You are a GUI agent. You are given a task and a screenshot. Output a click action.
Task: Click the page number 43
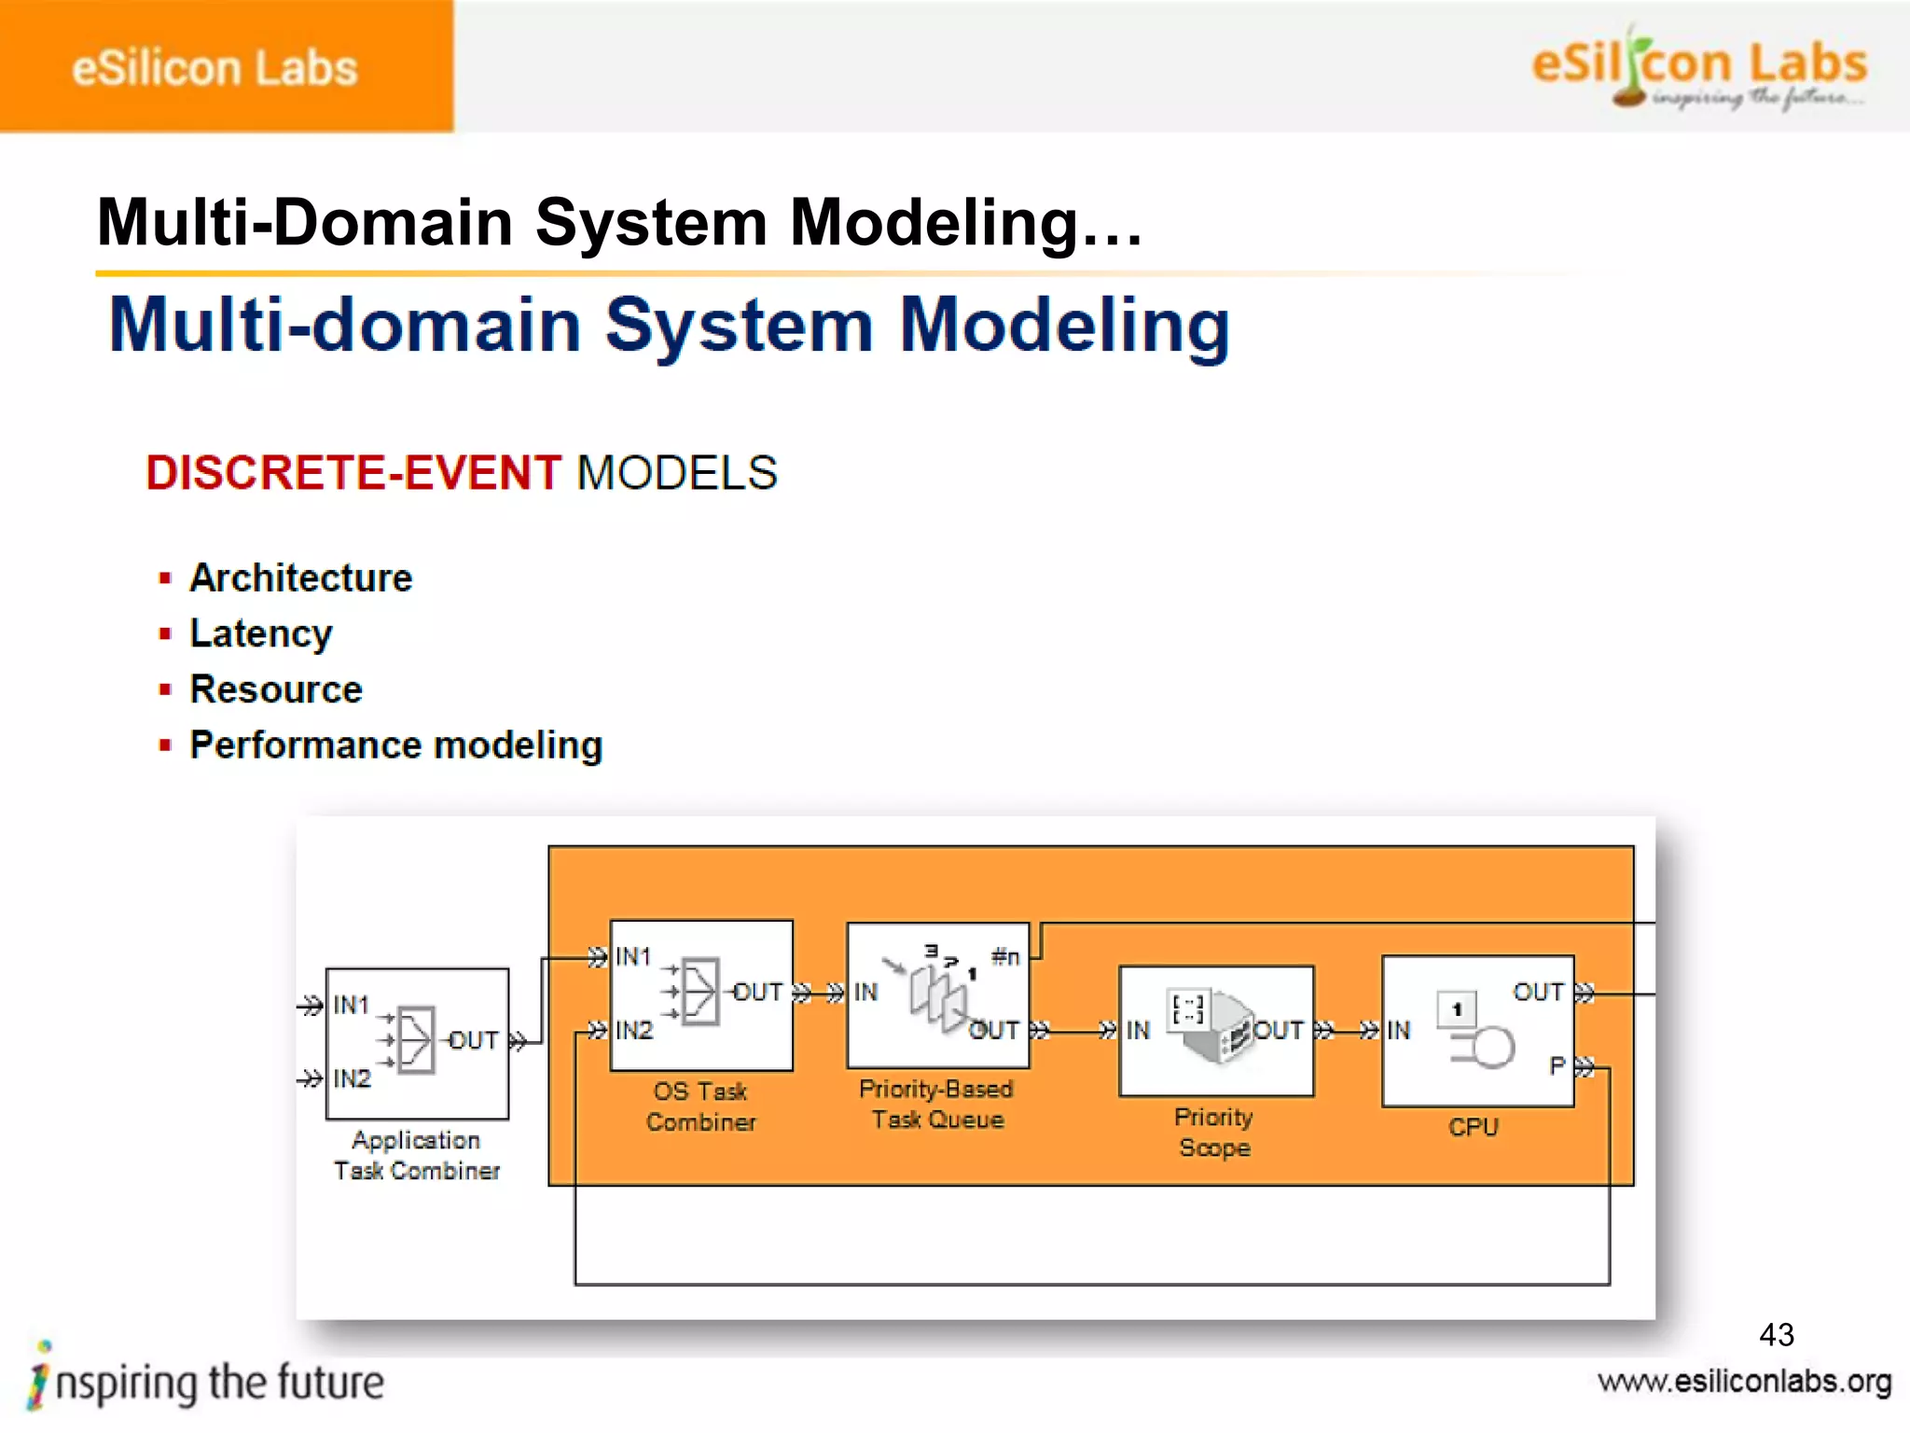(x=1776, y=1334)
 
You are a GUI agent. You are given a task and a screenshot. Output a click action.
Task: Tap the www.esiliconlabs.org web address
(x=1744, y=1382)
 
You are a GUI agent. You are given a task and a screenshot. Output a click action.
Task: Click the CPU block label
(x=1473, y=1127)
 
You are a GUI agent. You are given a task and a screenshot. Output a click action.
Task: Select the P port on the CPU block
(x=1557, y=1065)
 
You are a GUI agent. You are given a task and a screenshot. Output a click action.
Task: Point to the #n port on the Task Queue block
(x=1005, y=956)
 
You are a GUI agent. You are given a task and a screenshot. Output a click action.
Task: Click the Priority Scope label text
(x=1213, y=1132)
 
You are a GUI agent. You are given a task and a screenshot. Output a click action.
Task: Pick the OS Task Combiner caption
(x=700, y=1106)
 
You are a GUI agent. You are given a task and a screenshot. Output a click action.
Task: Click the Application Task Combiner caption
(x=417, y=1155)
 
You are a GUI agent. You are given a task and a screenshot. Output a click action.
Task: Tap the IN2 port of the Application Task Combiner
(x=352, y=1078)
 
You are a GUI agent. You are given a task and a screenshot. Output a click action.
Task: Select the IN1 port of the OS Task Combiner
(x=632, y=956)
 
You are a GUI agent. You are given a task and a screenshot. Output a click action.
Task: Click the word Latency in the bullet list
(x=261, y=633)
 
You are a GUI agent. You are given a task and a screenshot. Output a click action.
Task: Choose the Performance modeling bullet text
(x=396, y=745)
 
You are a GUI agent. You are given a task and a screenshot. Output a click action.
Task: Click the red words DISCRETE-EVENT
(x=353, y=472)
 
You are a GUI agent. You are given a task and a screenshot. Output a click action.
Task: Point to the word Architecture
(x=300, y=577)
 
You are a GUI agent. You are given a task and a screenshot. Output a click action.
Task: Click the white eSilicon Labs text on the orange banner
(x=215, y=68)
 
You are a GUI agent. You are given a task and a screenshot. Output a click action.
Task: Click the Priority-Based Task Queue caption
(x=936, y=1104)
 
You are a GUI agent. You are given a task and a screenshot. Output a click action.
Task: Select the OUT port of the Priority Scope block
(x=1278, y=1030)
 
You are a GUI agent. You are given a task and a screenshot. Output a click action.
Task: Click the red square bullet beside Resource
(x=165, y=689)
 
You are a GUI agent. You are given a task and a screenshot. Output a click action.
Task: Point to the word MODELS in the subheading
(x=677, y=472)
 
